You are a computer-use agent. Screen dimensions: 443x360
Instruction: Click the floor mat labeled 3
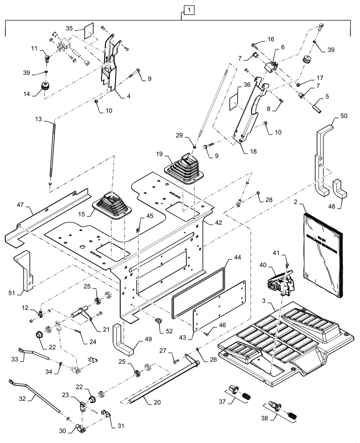(x=284, y=341)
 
